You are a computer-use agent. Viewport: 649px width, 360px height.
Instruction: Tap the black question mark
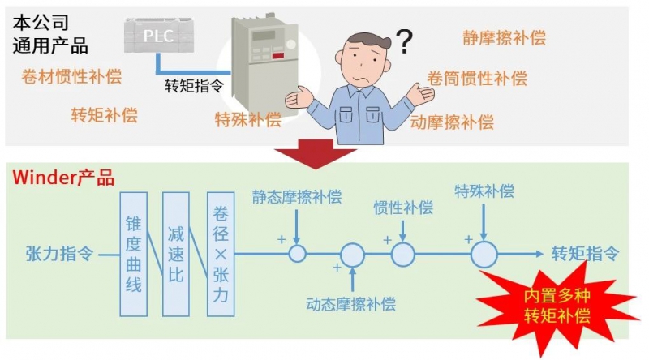(x=404, y=39)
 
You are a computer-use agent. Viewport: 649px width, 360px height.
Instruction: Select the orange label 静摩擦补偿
(x=504, y=37)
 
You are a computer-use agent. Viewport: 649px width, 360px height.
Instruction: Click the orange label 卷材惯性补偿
(x=71, y=77)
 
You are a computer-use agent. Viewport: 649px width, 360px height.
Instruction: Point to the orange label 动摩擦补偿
(x=452, y=122)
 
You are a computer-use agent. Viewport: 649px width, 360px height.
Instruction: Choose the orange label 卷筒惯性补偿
(x=477, y=79)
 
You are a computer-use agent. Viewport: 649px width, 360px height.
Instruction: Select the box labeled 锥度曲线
(x=134, y=254)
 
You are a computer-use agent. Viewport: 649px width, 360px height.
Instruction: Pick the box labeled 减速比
(x=176, y=254)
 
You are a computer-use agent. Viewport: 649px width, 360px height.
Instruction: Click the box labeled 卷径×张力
(x=220, y=254)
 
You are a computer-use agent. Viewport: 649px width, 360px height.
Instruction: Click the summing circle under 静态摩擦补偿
(x=297, y=254)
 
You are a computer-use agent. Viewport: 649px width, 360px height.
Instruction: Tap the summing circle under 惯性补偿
(x=403, y=254)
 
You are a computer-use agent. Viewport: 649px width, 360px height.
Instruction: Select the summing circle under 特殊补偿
(x=484, y=254)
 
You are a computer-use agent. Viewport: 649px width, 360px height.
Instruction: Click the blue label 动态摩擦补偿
(x=351, y=305)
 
